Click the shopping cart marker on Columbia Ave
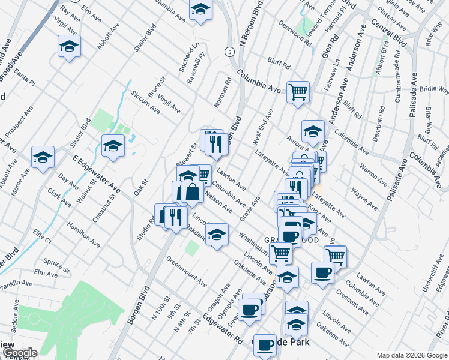coord(297,92)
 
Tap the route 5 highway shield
coord(229,52)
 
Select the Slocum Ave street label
coord(146,101)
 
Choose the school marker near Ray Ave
coord(70,45)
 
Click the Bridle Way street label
coord(434,89)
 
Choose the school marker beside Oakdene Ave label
coord(217,233)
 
